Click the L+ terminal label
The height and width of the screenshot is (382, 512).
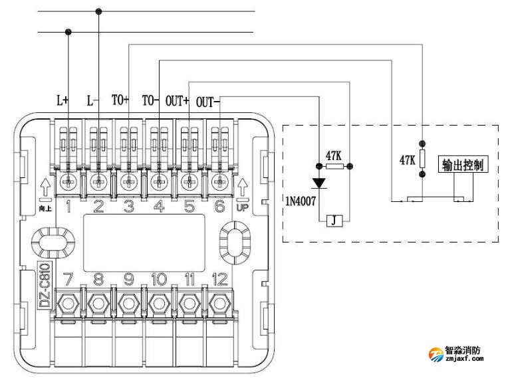pos(62,100)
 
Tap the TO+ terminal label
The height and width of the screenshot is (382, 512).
pos(120,100)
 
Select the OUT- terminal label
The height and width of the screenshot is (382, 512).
pos(206,101)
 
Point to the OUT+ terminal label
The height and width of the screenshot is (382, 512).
pos(177,100)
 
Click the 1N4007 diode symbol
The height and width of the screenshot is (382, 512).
pos(319,181)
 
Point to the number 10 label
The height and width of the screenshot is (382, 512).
pos(159,280)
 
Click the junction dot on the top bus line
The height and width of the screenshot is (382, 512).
pos(99,11)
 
